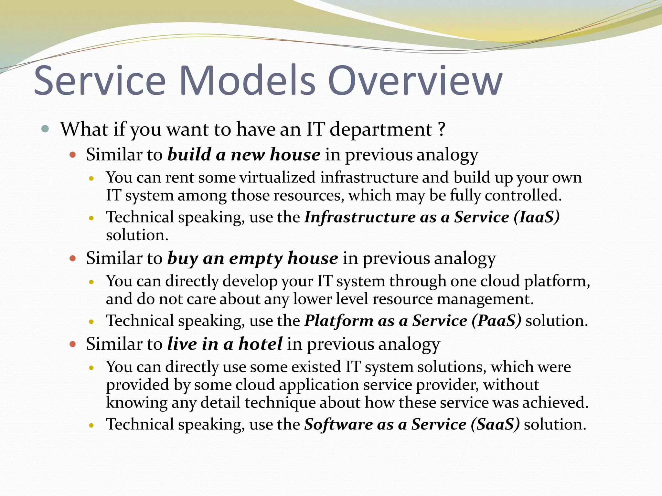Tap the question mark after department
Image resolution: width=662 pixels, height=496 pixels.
442,129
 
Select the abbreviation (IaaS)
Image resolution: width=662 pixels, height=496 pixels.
537,217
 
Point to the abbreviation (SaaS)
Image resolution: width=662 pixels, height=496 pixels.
495,424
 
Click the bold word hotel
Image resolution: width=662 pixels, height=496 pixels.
261,344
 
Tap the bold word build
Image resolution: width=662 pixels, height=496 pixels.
189,155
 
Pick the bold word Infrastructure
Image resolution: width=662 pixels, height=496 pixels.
360,217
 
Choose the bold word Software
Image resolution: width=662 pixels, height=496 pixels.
338,424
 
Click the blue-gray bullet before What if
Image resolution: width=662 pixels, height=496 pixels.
45,129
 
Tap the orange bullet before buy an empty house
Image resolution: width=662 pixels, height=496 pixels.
73,259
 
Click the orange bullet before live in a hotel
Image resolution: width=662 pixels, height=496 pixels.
73,344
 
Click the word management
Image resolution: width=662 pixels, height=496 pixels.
485,299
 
